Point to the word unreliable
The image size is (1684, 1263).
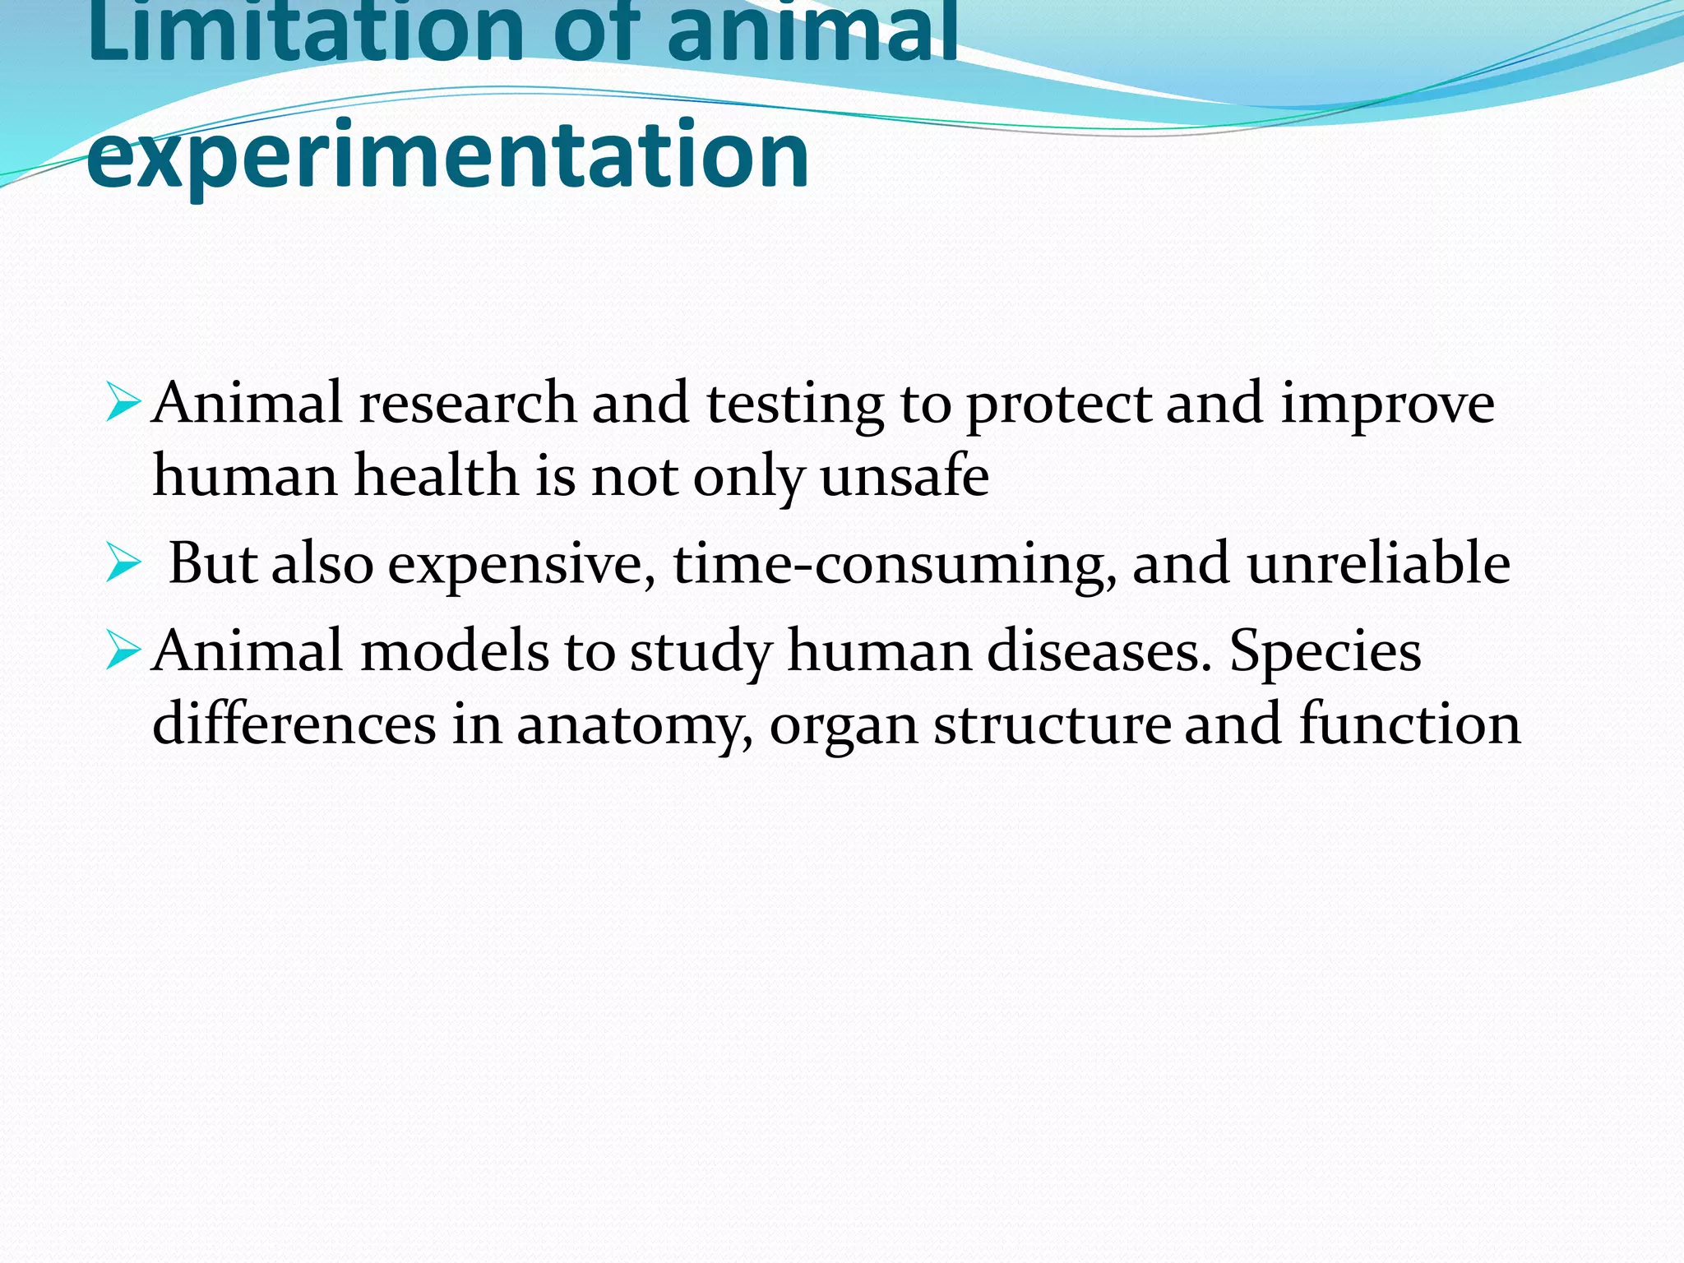(1378, 564)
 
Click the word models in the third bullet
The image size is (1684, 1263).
(454, 651)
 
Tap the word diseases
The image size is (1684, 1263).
(1099, 651)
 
